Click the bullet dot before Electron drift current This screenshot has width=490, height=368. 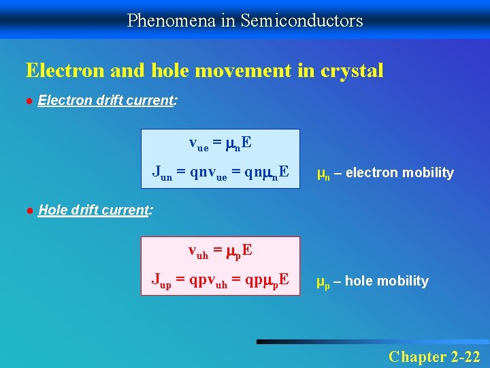click(x=30, y=101)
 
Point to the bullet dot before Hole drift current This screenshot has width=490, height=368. click(x=30, y=210)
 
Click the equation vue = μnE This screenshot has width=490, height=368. click(x=220, y=144)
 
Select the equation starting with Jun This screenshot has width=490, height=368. click(x=220, y=172)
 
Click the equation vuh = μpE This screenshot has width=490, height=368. click(x=220, y=251)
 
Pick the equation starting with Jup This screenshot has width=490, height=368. click(x=220, y=280)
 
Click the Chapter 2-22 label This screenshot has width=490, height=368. click(x=434, y=356)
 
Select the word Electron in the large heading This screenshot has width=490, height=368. click(x=60, y=70)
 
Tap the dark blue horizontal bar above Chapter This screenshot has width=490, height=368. click(x=373, y=341)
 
